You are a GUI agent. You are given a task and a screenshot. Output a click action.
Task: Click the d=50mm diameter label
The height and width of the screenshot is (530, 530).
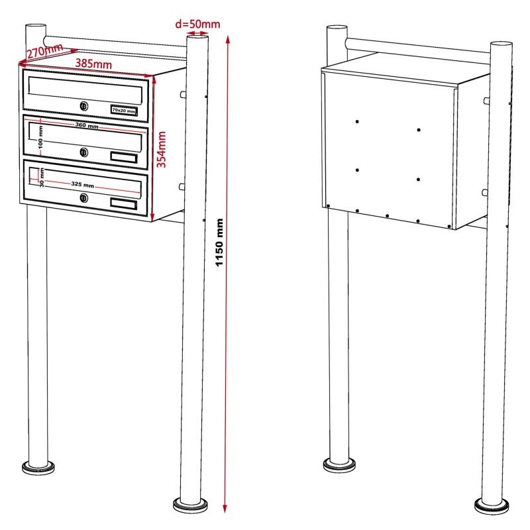[197, 24]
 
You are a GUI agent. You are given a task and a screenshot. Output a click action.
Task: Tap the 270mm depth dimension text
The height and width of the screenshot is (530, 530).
[45, 51]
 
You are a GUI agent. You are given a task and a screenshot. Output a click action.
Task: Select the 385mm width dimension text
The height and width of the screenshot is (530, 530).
[93, 64]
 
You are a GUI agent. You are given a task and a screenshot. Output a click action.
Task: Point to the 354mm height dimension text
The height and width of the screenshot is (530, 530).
[162, 150]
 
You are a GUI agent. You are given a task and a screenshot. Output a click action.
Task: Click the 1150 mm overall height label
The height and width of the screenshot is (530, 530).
[220, 242]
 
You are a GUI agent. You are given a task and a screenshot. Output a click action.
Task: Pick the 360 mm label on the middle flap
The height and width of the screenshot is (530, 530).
[87, 125]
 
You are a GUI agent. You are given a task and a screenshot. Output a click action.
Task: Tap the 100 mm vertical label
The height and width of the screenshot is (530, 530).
[40, 137]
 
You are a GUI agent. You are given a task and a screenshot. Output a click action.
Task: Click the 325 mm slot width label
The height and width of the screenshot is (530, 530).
[82, 185]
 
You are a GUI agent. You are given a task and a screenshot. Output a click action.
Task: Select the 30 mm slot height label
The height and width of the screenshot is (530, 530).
[42, 178]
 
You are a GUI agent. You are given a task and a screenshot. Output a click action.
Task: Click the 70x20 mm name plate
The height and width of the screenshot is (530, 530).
[124, 111]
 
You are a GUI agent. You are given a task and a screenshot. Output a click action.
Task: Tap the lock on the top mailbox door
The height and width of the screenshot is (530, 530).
[84, 106]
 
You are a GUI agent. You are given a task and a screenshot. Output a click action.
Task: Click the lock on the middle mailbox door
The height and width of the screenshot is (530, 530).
[84, 152]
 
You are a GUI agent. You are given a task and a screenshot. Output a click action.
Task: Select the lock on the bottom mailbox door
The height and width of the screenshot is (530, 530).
[84, 198]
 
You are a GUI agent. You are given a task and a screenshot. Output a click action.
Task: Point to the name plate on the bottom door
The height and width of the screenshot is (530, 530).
[124, 204]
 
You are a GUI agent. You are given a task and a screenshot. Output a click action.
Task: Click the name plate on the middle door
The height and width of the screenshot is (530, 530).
[124, 158]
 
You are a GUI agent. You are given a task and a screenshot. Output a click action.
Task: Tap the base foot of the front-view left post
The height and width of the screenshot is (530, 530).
[38, 468]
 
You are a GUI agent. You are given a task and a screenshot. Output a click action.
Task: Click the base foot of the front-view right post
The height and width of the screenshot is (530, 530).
[190, 505]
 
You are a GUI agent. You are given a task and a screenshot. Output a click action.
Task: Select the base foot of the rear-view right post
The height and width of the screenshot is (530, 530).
[492, 506]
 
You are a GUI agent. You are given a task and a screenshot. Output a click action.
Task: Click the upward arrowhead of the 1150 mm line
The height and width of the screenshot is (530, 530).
[228, 40]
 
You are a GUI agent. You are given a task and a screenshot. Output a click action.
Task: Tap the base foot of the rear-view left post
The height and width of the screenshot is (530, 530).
[339, 466]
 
